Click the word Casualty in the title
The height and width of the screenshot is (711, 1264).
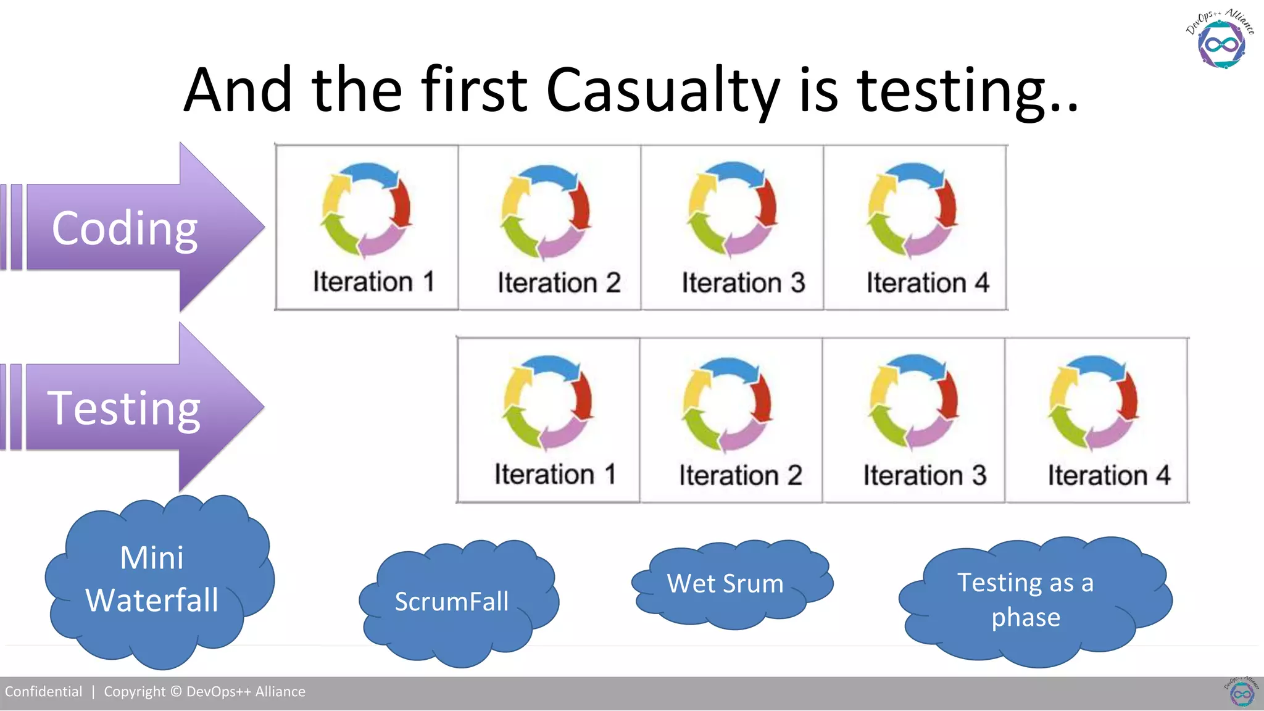[x=663, y=91]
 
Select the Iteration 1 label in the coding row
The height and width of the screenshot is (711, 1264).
[x=373, y=282]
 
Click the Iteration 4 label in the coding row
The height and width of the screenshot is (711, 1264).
[x=928, y=283]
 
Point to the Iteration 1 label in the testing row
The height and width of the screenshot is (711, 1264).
[x=555, y=475]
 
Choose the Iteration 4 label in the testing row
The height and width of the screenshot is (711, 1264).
[x=1108, y=476]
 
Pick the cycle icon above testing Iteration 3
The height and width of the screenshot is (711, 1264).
[x=914, y=402]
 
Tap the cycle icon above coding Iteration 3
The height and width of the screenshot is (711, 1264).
[x=733, y=209]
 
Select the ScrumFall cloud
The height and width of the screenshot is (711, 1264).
[x=452, y=602]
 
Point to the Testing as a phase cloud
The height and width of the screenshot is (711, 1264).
[x=1026, y=600]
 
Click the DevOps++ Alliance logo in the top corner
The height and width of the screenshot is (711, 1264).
[x=1221, y=40]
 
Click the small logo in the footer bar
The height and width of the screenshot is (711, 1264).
[x=1241, y=692]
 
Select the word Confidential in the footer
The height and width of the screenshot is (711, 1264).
[x=43, y=692]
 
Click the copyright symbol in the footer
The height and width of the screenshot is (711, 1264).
[x=176, y=692]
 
